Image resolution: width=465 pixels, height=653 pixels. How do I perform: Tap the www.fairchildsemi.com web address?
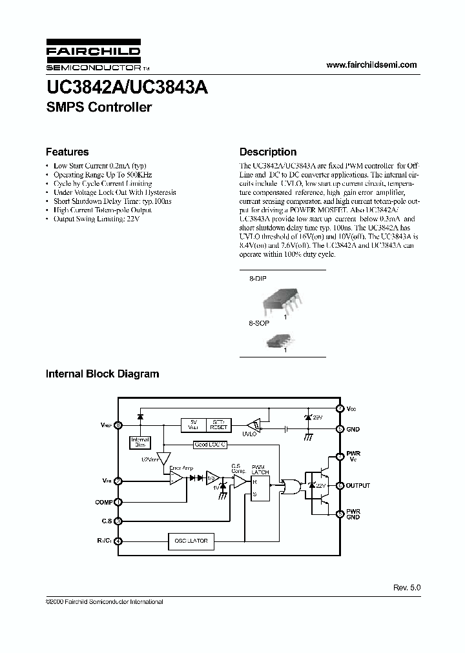(x=372, y=65)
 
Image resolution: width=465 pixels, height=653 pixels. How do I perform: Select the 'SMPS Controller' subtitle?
(x=99, y=108)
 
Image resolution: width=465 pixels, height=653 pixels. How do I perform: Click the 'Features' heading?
(x=67, y=152)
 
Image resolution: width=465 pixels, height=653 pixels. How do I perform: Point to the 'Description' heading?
(x=268, y=152)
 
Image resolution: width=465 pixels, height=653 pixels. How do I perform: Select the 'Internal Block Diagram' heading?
(x=102, y=374)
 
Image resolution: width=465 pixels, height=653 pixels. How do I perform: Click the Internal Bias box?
(x=140, y=443)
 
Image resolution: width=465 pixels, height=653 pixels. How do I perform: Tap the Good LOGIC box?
(x=211, y=445)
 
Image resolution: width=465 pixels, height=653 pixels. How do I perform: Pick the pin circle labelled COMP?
(x=118, y=502)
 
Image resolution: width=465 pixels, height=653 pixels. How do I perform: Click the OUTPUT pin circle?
(x=340, y=485)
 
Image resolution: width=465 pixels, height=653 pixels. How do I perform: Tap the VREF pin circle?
(x=118, y=425)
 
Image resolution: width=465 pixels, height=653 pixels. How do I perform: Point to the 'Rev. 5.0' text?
(x=406, y=588)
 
